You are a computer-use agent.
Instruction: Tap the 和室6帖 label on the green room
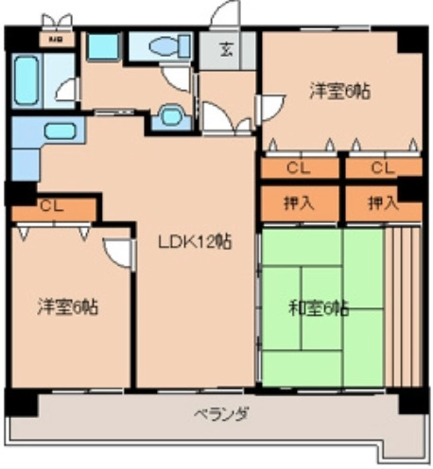point(319,307)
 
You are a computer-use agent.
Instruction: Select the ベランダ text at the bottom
point(222,413)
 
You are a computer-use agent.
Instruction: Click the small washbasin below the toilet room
point(171,114)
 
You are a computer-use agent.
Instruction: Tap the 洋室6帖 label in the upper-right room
point(338,92)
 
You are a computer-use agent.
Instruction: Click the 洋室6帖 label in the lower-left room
point(69,307)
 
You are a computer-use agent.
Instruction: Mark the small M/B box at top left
point(56,40)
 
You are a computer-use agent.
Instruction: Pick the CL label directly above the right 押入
point(382,168)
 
